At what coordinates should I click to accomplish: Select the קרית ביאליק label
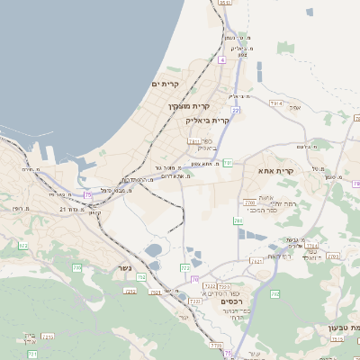[208, 120]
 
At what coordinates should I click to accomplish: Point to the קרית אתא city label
[276, 170]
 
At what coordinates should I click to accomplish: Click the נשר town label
[124, 267]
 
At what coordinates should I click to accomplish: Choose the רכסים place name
[233, 301]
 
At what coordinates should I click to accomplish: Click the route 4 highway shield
[220, 59]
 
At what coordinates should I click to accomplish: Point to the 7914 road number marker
[275, 104]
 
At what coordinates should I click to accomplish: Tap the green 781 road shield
[229, 163]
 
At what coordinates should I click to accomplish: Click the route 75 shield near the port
[88, 194]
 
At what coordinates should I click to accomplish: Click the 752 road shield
[141, 277]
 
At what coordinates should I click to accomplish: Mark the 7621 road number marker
[256, 261]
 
